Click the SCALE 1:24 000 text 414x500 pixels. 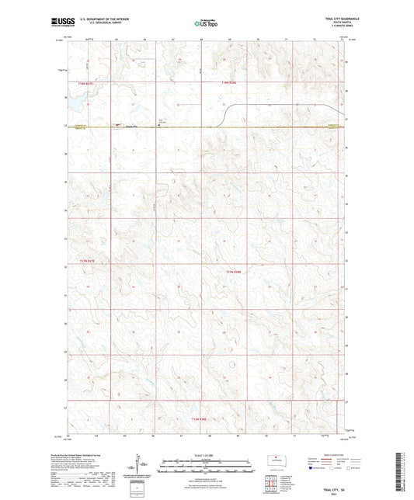207,454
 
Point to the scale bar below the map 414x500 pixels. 207,460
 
